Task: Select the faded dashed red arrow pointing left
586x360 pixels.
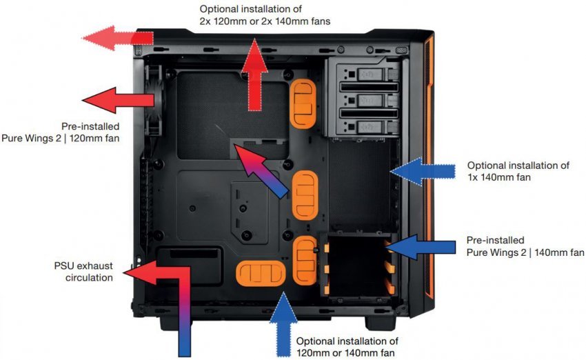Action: [x=111, y=38]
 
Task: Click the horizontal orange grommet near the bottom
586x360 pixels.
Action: [x=261, y=271]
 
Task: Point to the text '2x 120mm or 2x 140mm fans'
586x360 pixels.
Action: [x=265, y=21]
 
